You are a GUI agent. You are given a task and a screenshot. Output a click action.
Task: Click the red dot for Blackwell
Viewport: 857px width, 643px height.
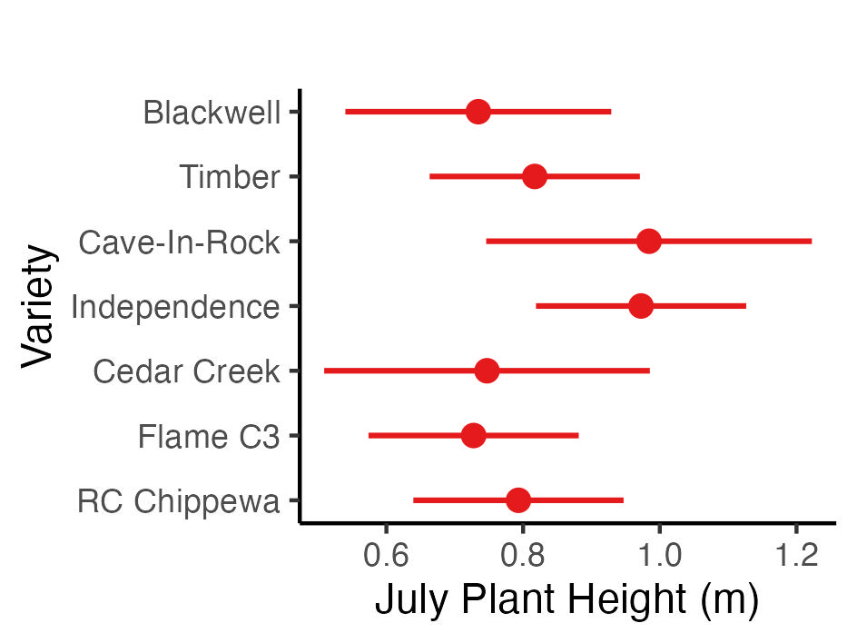478,112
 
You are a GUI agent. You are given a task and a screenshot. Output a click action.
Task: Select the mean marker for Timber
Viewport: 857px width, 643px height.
535,176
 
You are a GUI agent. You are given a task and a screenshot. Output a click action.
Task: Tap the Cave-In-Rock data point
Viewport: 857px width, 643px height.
648,242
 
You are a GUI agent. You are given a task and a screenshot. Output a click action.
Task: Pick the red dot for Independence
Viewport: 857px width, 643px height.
641,306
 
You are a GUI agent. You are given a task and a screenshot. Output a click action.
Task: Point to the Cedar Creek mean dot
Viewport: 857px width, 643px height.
487,371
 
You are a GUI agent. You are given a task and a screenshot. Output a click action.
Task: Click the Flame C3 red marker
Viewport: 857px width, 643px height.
473,436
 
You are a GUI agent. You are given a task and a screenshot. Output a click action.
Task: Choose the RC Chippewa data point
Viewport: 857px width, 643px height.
518,500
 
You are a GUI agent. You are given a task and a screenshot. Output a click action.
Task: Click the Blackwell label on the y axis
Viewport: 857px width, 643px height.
212,114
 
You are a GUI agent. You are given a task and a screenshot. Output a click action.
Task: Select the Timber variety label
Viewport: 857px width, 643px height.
230,177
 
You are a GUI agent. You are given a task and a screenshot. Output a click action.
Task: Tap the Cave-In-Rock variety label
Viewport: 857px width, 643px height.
179,242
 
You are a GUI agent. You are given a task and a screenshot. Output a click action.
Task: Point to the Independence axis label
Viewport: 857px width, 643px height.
175,307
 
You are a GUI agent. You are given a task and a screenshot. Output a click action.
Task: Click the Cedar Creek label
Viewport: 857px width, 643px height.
186,371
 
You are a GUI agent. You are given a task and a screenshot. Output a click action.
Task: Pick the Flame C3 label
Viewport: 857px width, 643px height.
208,437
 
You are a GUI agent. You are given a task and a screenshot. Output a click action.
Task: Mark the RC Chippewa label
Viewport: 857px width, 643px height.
178,501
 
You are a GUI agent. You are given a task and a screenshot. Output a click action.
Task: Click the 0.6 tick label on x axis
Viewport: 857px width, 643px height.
387,553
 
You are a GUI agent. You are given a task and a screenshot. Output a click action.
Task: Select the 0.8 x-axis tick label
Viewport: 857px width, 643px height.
524,553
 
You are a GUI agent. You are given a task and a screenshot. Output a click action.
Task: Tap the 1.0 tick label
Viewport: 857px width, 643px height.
660,553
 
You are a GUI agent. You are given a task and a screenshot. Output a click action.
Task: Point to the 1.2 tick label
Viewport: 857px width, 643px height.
796,553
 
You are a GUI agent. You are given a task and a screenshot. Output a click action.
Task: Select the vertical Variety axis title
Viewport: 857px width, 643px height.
39,305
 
